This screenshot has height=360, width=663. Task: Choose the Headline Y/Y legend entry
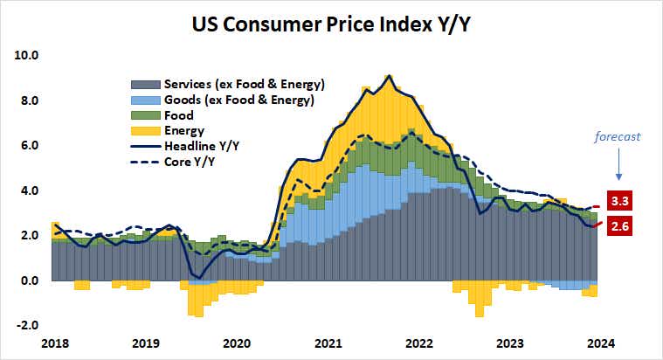point(201,146)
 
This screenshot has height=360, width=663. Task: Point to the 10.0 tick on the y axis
point(27,55)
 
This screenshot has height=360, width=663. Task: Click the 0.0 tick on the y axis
point(30,280)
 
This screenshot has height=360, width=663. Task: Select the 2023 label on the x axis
point(511,343)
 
